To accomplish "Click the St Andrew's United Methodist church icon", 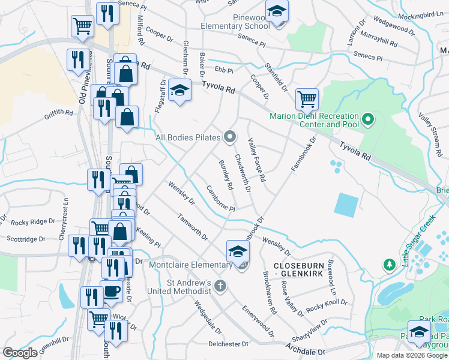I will pyautogui.click(x=220, y=286).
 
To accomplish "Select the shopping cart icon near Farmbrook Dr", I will pyautogui.click(x=307, y=98).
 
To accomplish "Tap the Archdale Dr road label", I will pyautogui.click(x=304, y=351).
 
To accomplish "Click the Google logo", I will pyautogui.click(x=20, y=352).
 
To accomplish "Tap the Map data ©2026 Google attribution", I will pyautogui.click(x=411, y=355).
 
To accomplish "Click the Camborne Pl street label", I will pyautogui.click(x=220, y=198).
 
